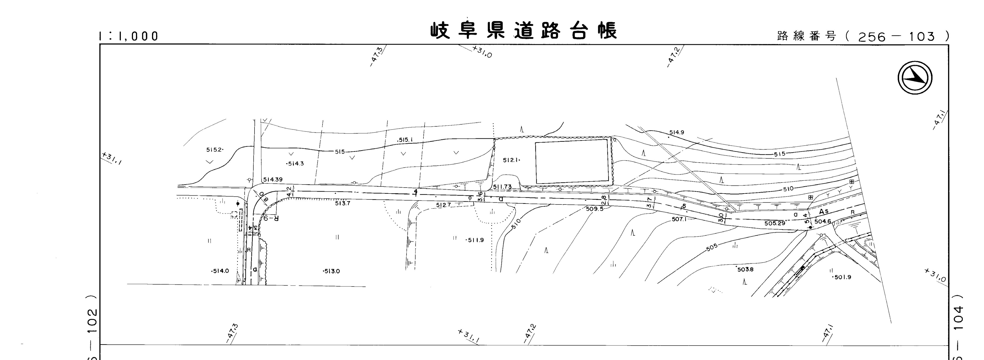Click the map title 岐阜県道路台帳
click(523, 31)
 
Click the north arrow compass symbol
click(915, 78)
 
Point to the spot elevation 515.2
click(214, 150)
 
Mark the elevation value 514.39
click(273, 180)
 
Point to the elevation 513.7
click(343, 203)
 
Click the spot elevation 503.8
click(745, 269)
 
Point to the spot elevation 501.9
click(842, 277)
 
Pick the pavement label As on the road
click(824, 211)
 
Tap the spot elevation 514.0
click(220, 271)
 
